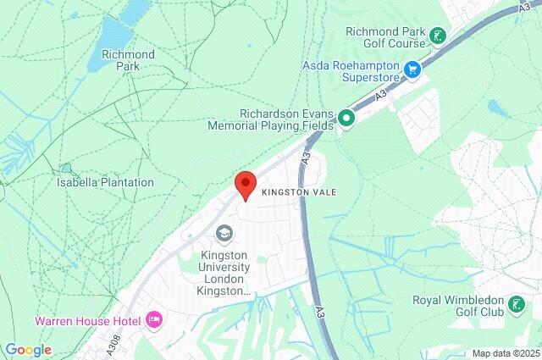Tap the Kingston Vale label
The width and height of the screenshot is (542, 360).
(299, 192)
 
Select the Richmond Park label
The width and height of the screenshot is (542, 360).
(128, 60)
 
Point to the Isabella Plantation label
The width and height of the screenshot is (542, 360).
(105, 182)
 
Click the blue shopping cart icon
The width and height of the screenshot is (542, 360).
(413, 69)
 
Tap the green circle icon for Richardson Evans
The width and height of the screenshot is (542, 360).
(346, 119)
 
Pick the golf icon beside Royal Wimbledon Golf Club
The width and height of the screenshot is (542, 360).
(516, 302)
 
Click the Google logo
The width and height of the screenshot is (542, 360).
(27, 350)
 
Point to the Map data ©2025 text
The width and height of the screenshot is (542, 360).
(505, 353)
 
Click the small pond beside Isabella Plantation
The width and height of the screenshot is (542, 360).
(66, 169)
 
